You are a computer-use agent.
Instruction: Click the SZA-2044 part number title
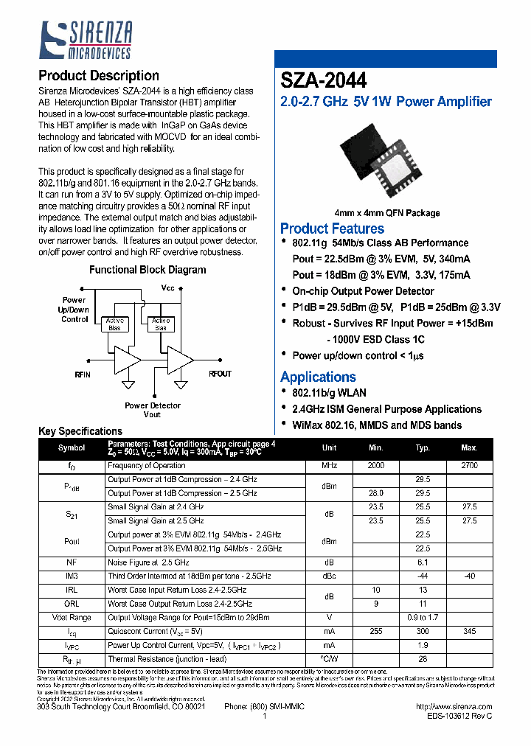tap(324, 80)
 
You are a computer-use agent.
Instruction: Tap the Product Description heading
tap(98, 76)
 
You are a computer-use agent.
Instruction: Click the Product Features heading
tap(332, 229)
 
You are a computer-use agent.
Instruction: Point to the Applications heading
tap(318, 377)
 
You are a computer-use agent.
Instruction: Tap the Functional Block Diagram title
tap(147, 270)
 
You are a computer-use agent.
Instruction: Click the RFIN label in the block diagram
tap(83, 374)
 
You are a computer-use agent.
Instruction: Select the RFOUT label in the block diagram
tap(220, 374)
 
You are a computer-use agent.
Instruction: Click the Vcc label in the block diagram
tap(167, 287)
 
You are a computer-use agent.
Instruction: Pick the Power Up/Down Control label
tap(74, 310)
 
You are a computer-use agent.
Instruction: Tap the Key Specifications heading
tap(80, 431)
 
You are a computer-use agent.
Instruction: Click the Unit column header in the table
tap(329, 448)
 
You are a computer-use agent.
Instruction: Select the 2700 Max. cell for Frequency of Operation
tap(469, 466)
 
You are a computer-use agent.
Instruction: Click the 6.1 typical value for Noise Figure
tap(423, 562)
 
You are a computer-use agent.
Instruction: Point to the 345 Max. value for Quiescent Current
tap(469, 632)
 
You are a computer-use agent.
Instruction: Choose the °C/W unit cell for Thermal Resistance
tap(329, 660)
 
